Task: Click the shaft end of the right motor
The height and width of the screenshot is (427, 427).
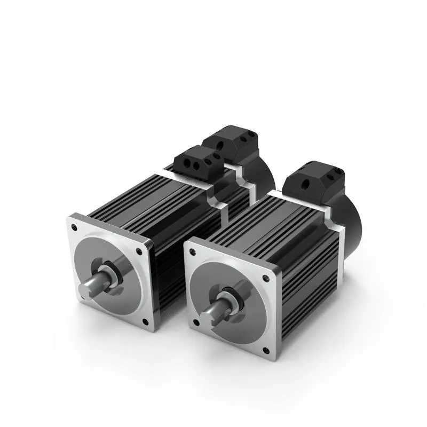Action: click(208, 320)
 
